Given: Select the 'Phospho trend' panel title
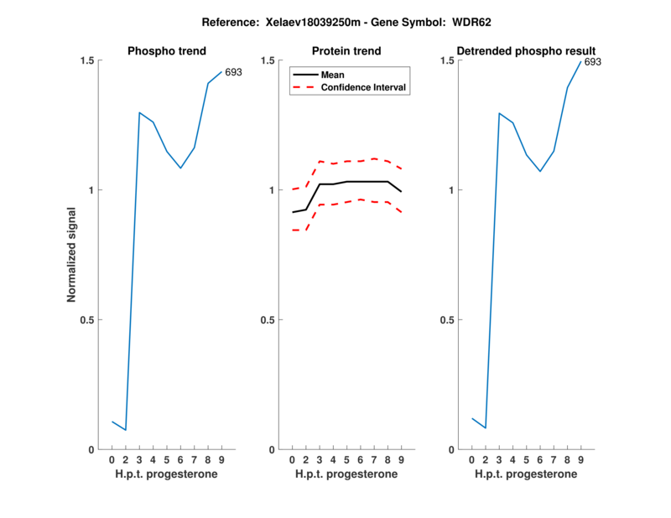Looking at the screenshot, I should [166, 51].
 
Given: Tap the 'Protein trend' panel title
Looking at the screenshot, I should [346, 51].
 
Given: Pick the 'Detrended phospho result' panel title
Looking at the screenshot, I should [526, 51].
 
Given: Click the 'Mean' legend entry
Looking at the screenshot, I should [332, 75].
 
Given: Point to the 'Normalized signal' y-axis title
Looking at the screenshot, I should [73, 254].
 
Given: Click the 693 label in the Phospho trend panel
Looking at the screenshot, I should [233, 72].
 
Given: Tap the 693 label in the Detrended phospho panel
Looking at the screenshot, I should [593, 62].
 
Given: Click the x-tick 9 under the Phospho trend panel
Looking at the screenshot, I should [221, 460].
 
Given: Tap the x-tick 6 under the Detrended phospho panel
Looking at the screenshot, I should [540, 460].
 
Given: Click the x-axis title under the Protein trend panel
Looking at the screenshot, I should [346, 474].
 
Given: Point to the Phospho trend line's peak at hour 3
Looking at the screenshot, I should [139, 112].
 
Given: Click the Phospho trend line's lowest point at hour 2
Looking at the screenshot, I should [126, 430].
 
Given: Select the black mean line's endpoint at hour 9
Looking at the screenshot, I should [401, 192].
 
